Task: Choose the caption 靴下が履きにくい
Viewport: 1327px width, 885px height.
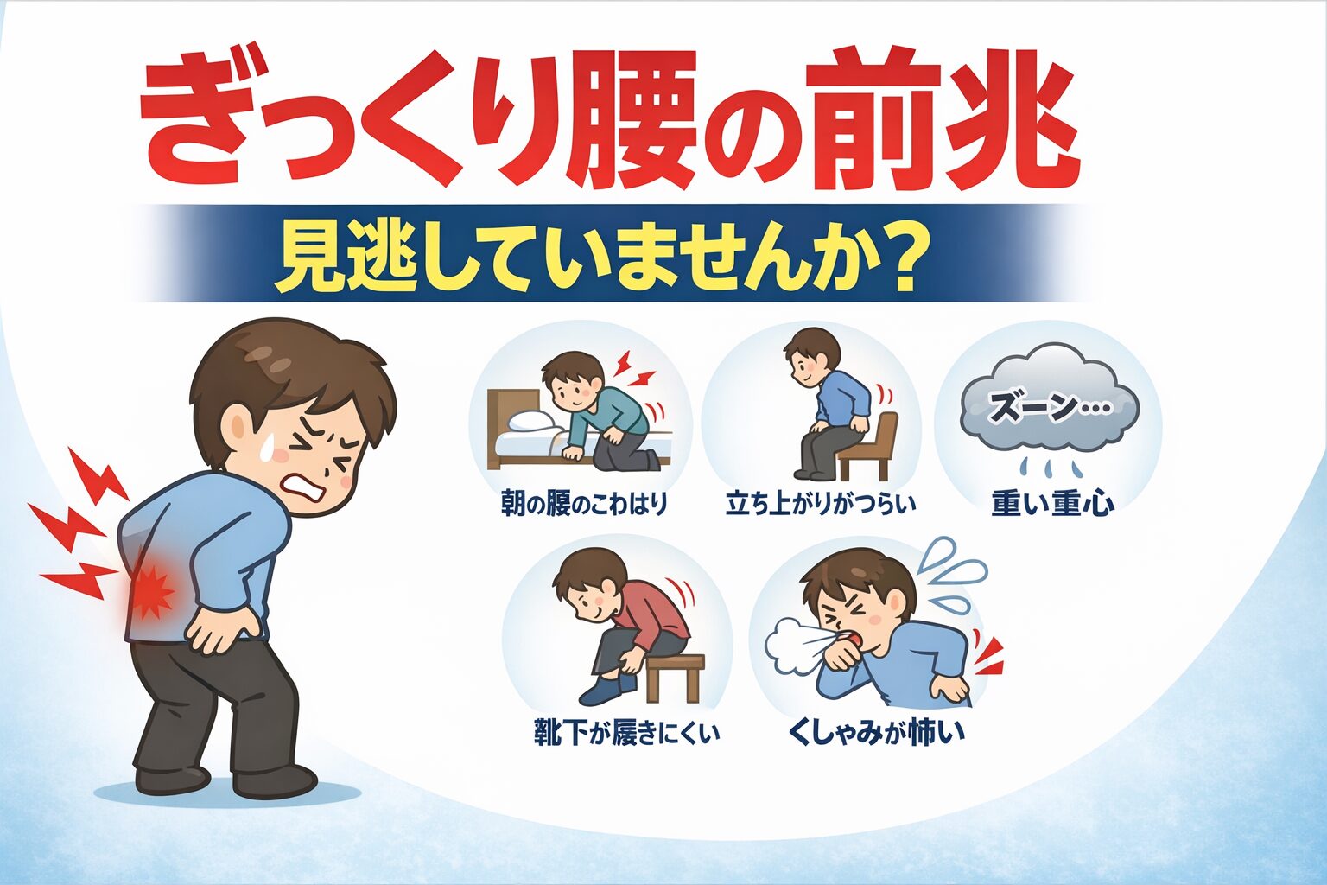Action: [626, 734]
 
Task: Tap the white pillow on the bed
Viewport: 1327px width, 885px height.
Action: [534, 421]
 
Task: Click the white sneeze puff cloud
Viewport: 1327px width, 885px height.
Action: [790, 644]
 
